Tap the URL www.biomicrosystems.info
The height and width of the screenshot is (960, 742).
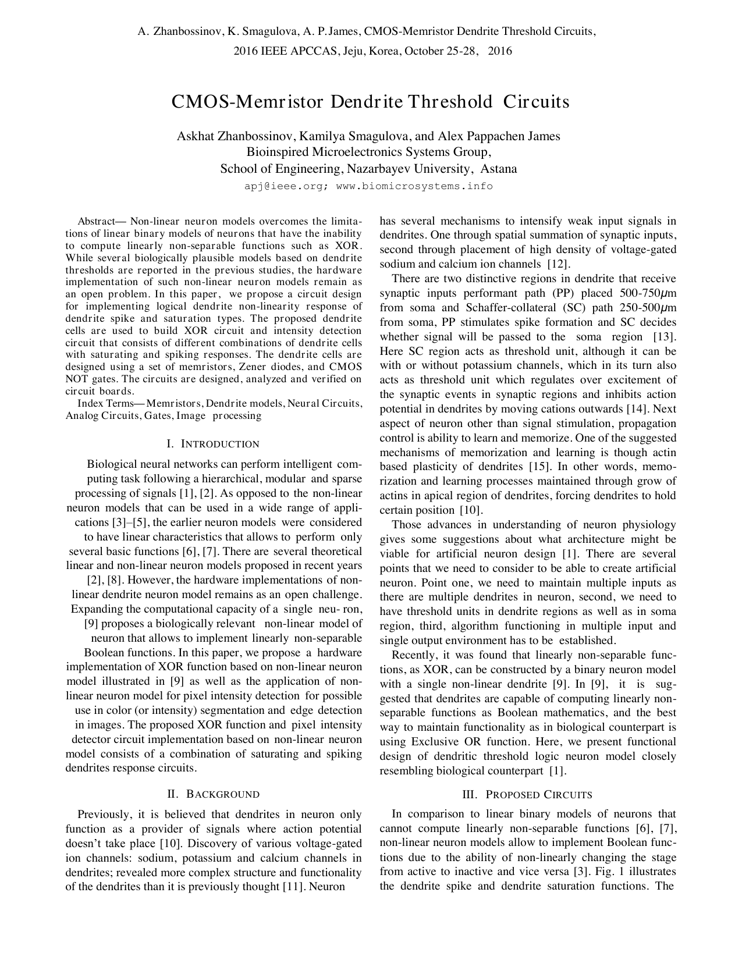pyautogui.click(x=414, y=186)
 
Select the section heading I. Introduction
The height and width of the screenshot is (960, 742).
pyautogui.click(x=213, y=444)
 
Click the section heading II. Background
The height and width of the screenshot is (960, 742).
pyautogui.click(x=213, y=794)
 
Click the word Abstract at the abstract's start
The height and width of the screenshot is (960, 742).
pyautogui.click(x=96, y=222)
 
